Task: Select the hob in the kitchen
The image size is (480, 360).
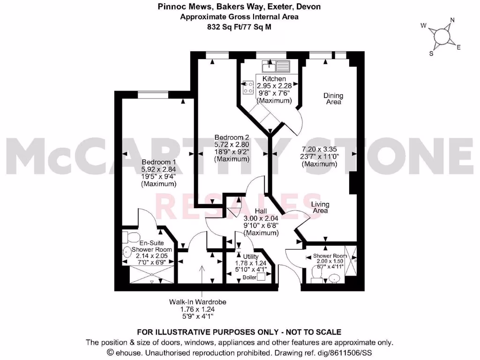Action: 248,87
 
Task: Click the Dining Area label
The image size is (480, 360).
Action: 333,98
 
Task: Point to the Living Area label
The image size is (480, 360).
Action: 320,207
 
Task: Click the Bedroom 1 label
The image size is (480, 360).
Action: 158,162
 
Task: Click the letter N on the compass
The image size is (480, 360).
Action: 452,20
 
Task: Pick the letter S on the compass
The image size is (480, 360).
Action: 431,53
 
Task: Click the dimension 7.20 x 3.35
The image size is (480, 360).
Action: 320,149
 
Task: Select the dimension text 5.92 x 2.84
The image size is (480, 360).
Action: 159,170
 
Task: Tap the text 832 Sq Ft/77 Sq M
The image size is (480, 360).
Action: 240,27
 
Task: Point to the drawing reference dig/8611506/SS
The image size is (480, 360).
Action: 345,352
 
